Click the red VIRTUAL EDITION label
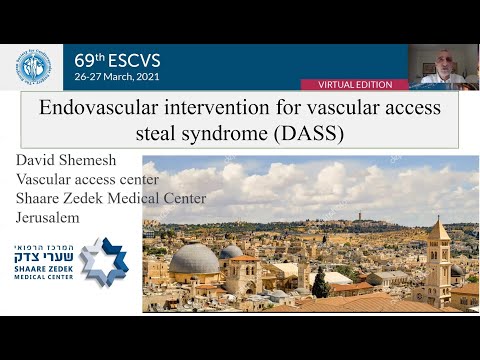click(368, 85)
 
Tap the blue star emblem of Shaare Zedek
click(104, 262)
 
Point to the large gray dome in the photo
click(194, 260)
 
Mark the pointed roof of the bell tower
click(437, 230)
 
